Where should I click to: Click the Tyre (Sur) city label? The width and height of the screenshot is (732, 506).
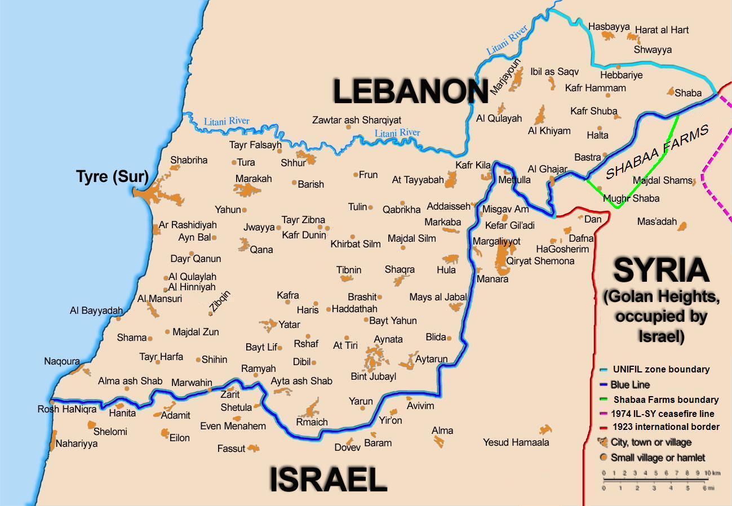(112, 177)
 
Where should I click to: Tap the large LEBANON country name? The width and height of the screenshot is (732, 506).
(410, 91)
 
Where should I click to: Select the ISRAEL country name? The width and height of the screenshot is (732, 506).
(328, 480)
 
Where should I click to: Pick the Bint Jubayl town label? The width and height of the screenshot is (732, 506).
(373, 376)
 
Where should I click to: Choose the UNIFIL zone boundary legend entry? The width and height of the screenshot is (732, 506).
(660, 370)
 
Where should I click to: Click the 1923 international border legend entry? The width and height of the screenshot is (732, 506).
(665, 427)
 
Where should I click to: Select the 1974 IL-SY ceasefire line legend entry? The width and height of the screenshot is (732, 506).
(666, 413)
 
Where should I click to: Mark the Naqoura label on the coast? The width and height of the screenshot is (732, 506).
(62, 361)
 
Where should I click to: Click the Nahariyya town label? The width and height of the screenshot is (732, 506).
(76, 443)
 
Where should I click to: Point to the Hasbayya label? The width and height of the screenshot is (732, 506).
(609, 26)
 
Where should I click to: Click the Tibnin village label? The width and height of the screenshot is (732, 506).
(349, 270)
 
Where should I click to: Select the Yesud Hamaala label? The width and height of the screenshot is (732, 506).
(516, 442)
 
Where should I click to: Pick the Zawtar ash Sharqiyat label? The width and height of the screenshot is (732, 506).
(357, 120)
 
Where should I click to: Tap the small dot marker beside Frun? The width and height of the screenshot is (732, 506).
(356, 175)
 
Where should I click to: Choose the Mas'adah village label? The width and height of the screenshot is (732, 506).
(656, 221)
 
